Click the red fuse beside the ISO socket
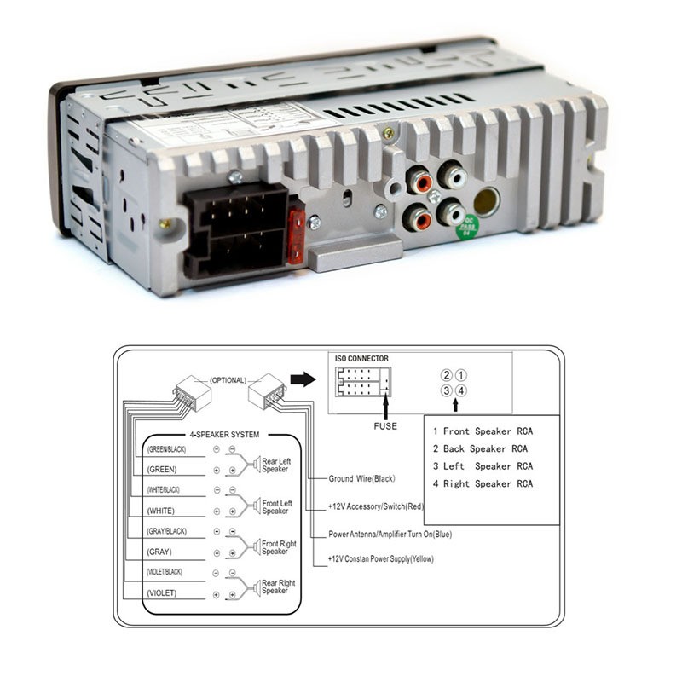point(296,237)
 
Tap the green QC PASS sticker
point(467,227)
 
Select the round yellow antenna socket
point(487,202)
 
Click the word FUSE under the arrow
point(385,426)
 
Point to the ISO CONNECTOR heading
point(361,359)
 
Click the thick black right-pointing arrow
point(303,379)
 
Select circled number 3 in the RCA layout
point(447,390)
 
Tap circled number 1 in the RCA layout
point(460,375)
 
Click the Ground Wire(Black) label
point(361,479)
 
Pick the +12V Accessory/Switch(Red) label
point(376,506)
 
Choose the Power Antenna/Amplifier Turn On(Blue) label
point(390,535)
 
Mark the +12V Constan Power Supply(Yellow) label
point(380,559)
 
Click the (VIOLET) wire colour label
point(162,593)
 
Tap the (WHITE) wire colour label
point(161,511)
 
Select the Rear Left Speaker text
point(275,465)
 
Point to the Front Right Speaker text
point(279,547)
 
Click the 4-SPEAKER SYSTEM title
point(224,435)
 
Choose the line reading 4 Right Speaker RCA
point(483,483)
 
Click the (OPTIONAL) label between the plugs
point(228,380)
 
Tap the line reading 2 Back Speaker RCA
point(480,449)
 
